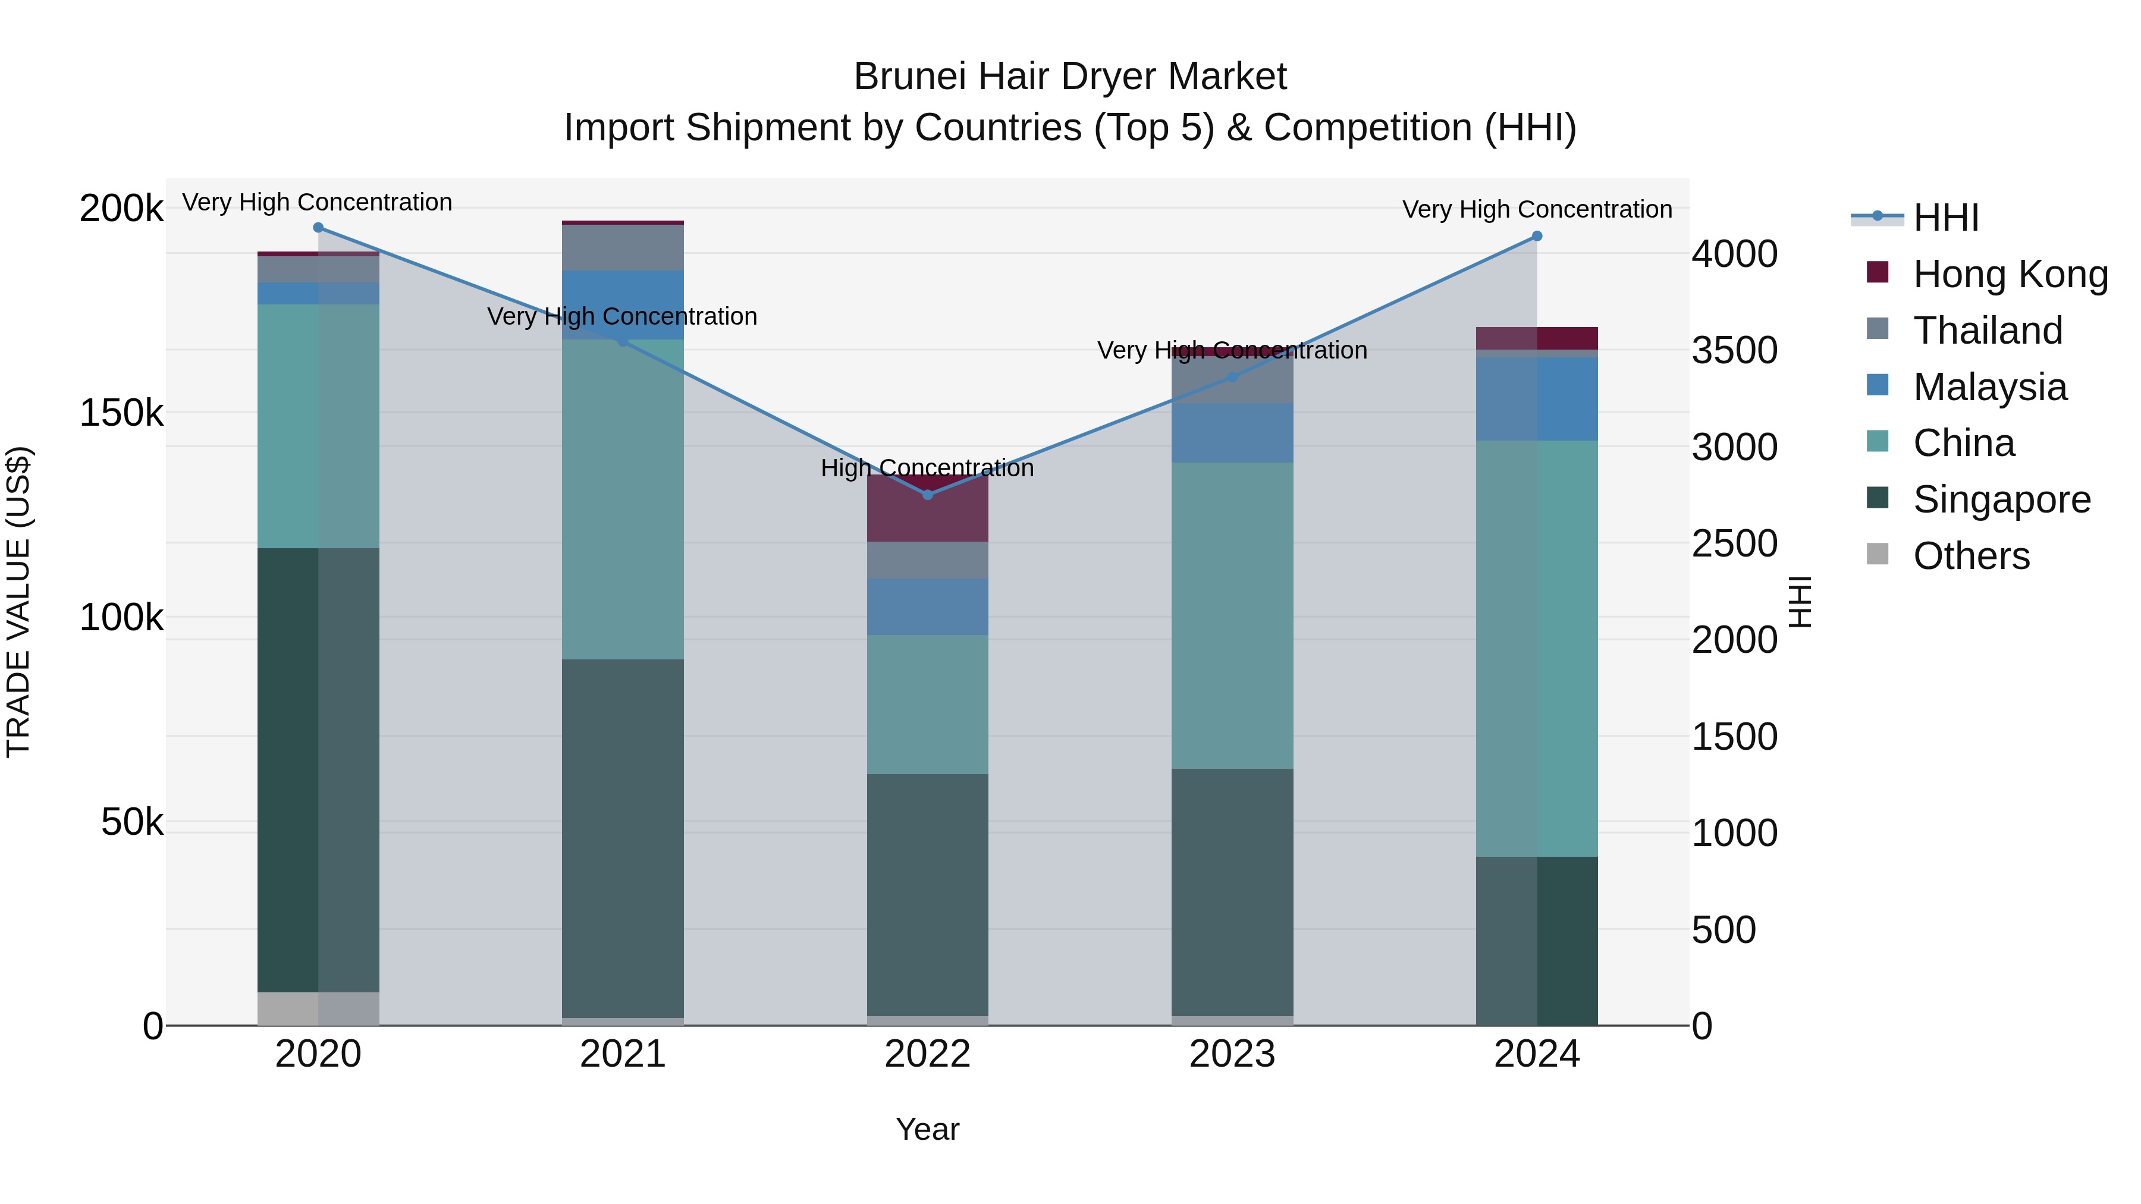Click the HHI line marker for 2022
(x=928, y=495)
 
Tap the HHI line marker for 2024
(x=1537, y=236)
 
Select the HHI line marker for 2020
(x=318, y=227)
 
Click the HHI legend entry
(x=1945, y=218)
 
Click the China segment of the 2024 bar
(x=1537, y=648)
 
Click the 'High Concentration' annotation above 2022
(x=928, y=468)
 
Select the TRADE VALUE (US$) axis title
(x=18, y=602)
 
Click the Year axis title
(x=928, y=1129)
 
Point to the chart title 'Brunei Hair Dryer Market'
(x=1070, y=77)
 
